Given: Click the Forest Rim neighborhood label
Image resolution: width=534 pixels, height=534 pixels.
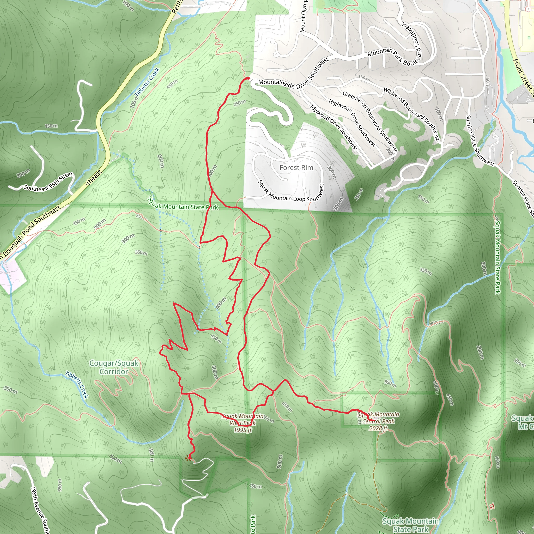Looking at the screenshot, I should click(x=296, y=168).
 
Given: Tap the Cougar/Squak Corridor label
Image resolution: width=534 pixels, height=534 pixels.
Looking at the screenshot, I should click(x=114, y=367).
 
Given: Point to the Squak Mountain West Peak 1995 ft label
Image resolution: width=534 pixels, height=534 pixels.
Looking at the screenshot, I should click(x=243, y=423).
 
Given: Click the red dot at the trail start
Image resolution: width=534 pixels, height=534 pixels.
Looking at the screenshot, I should click(x=248, y=78).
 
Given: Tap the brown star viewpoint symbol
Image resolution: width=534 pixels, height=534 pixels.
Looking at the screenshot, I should click(x=189, y=459).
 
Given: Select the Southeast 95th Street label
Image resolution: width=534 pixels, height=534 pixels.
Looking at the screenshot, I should click(x=48, y=182).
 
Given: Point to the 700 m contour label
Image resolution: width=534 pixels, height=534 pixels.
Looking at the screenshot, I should click(x=128, y=5).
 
